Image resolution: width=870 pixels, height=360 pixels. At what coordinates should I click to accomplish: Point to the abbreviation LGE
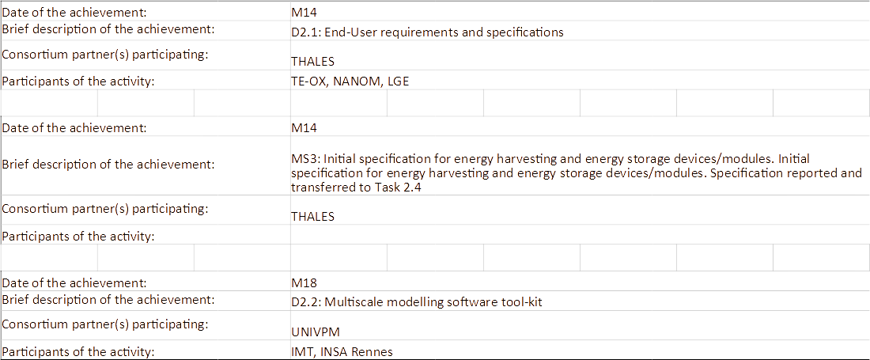click(x=399, y=81)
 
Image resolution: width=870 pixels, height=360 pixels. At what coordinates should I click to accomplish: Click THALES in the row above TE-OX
click(x=312, y=61)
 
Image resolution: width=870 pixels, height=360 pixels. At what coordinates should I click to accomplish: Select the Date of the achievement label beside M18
click(x=75, y=282)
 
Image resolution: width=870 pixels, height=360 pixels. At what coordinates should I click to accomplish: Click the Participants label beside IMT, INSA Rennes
click(x=79, y=352)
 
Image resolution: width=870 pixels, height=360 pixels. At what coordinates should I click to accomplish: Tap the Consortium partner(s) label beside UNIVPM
click(x=105, y=324)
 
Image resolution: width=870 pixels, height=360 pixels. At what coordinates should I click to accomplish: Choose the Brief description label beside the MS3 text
click(x=108, y=165)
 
